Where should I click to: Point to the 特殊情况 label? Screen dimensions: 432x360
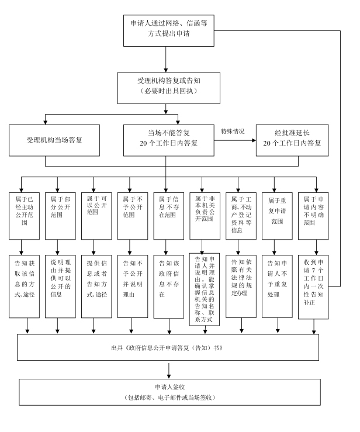(x=232, y=131)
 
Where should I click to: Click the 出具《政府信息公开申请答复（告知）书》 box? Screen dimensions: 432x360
(x=169, y=348)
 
